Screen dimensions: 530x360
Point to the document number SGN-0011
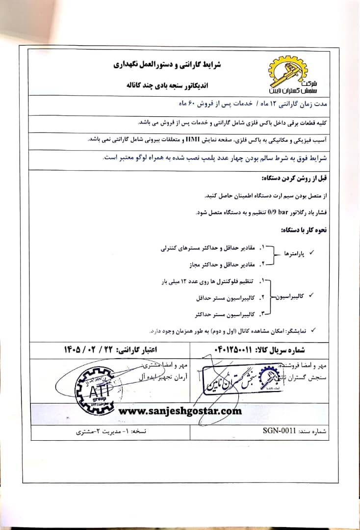(279, 430)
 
